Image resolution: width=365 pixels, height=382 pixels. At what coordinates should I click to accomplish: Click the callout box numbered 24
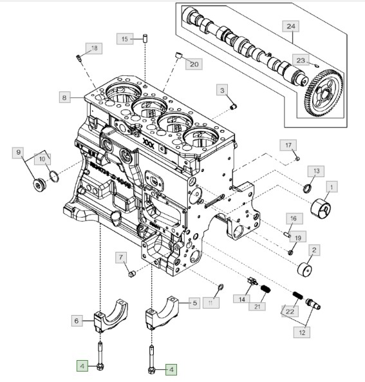tap(291, 26)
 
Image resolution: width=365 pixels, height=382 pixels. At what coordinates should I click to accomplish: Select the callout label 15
tap(125, 39)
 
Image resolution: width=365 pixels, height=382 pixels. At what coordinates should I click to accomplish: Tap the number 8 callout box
tap(64, 97)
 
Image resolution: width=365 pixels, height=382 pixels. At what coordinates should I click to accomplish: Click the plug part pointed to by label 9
tap(38, 185)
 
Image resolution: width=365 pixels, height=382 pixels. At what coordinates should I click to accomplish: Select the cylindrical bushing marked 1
tap(321, 208)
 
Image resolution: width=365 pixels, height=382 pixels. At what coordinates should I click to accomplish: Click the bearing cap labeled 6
tap(110, 316)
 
